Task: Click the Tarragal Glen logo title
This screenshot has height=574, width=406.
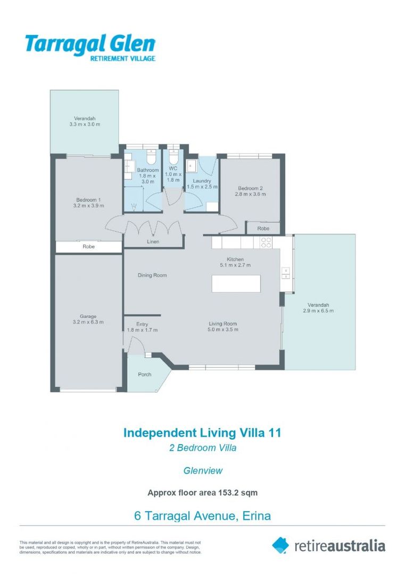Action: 90,44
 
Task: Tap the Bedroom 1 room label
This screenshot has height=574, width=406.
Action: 88,200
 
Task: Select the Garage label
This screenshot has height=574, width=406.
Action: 88,316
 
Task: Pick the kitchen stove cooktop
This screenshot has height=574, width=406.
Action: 266,242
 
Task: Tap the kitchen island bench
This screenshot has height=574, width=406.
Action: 236,283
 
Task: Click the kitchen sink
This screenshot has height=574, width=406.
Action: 285,273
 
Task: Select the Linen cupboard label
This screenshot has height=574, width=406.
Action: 153,242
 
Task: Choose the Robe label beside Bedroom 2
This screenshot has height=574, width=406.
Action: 263,229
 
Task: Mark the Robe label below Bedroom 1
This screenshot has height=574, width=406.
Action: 89,247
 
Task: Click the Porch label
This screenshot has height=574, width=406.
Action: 144,374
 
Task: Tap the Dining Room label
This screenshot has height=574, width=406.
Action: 152,275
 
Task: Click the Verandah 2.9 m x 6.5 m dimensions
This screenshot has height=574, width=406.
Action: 318,311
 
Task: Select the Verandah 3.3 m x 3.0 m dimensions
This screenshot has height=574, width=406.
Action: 85,124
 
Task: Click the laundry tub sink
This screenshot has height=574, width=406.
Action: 192,165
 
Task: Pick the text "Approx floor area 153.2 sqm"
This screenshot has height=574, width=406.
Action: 203,493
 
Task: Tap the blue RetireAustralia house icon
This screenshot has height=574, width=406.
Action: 280,545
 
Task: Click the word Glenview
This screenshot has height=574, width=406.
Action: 203,471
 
